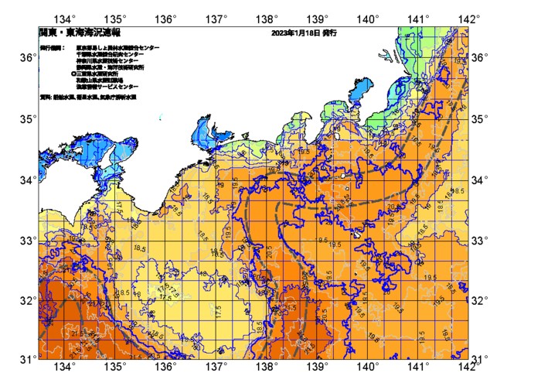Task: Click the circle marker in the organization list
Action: click(x=72, y=74)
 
